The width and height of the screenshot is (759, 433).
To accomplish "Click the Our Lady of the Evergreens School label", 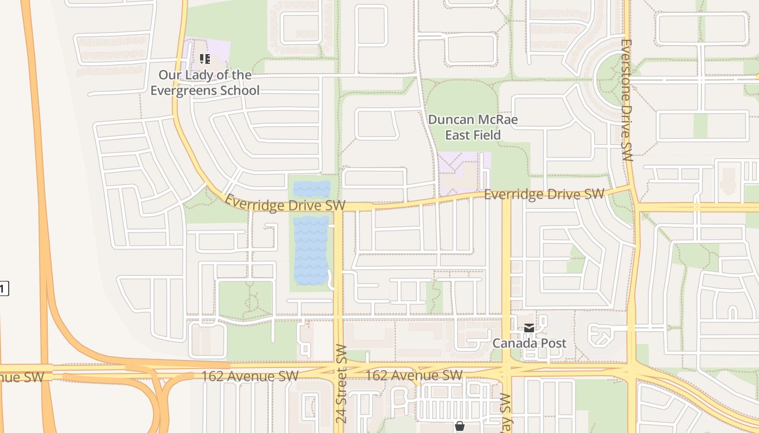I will tap(205, 83).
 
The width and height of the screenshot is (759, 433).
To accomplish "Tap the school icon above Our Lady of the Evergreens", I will tap(204, 58).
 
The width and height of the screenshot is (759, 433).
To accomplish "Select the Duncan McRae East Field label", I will tap(473, 127).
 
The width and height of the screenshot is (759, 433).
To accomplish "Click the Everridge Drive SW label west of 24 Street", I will tap(285, 203).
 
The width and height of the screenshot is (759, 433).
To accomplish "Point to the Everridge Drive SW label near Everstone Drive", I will tap(544, 194).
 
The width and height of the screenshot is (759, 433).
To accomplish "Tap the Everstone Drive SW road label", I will tap(627, 100).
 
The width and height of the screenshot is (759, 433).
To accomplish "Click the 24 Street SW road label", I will tap(340, 383).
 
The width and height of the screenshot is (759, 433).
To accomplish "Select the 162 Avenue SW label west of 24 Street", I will tap(249, 376).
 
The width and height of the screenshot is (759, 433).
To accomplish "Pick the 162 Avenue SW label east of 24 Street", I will tap(414, 375).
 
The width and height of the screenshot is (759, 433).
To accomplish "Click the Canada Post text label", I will tap(529, 343).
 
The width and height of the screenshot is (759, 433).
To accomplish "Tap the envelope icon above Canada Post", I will tap(529, 327).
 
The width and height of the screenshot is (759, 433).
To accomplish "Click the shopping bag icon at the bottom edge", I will tap(460, 427).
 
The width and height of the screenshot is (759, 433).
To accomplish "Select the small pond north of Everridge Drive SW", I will tap(311, 189).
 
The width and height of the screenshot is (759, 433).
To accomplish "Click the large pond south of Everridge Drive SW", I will tap(311, 250).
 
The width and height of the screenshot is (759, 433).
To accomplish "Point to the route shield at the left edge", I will tap(3, 288).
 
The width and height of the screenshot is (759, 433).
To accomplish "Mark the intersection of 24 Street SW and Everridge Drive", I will tap(338, 207).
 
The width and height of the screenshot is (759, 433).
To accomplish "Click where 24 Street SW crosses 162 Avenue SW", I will tap(339, 371).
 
